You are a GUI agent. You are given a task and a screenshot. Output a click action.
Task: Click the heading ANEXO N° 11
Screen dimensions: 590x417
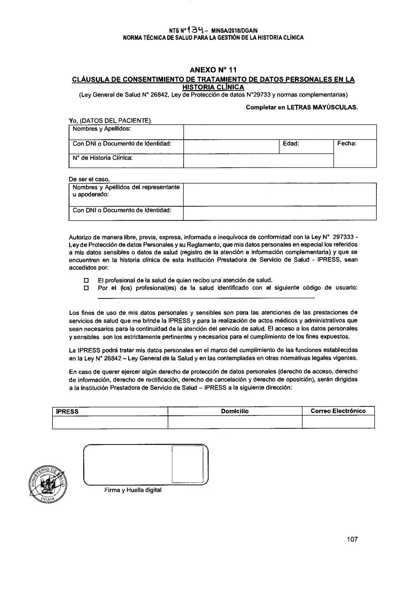213,70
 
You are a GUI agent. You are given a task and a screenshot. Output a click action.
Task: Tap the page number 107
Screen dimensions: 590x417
352,539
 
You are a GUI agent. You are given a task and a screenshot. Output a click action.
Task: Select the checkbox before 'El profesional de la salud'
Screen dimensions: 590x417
86,280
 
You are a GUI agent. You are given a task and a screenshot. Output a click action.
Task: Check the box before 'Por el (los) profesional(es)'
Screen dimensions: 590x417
86,288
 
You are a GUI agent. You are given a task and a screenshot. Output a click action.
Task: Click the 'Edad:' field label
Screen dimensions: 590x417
291,143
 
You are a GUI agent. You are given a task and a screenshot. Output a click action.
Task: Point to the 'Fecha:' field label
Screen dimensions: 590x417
346,143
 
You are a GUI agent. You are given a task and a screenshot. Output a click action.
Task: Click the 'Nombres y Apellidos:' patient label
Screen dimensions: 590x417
102,128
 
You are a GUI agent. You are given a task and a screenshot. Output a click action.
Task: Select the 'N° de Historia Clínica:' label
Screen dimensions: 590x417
103,158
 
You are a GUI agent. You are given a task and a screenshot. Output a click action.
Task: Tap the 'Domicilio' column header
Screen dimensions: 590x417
235,411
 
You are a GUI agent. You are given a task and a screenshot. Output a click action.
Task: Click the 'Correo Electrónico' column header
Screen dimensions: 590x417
338,411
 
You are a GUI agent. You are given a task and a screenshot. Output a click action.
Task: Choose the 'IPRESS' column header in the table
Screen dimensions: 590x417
68,411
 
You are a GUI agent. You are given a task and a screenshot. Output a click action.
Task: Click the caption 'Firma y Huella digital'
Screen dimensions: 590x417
132,490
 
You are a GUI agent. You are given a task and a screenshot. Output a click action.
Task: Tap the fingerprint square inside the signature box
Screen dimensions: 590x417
187,464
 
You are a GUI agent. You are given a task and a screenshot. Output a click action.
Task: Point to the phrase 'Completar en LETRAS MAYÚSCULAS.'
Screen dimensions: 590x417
302,107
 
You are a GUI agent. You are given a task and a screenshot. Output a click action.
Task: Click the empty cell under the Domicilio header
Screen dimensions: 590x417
235,422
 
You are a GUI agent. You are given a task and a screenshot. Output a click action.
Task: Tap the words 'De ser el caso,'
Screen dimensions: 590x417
89,179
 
